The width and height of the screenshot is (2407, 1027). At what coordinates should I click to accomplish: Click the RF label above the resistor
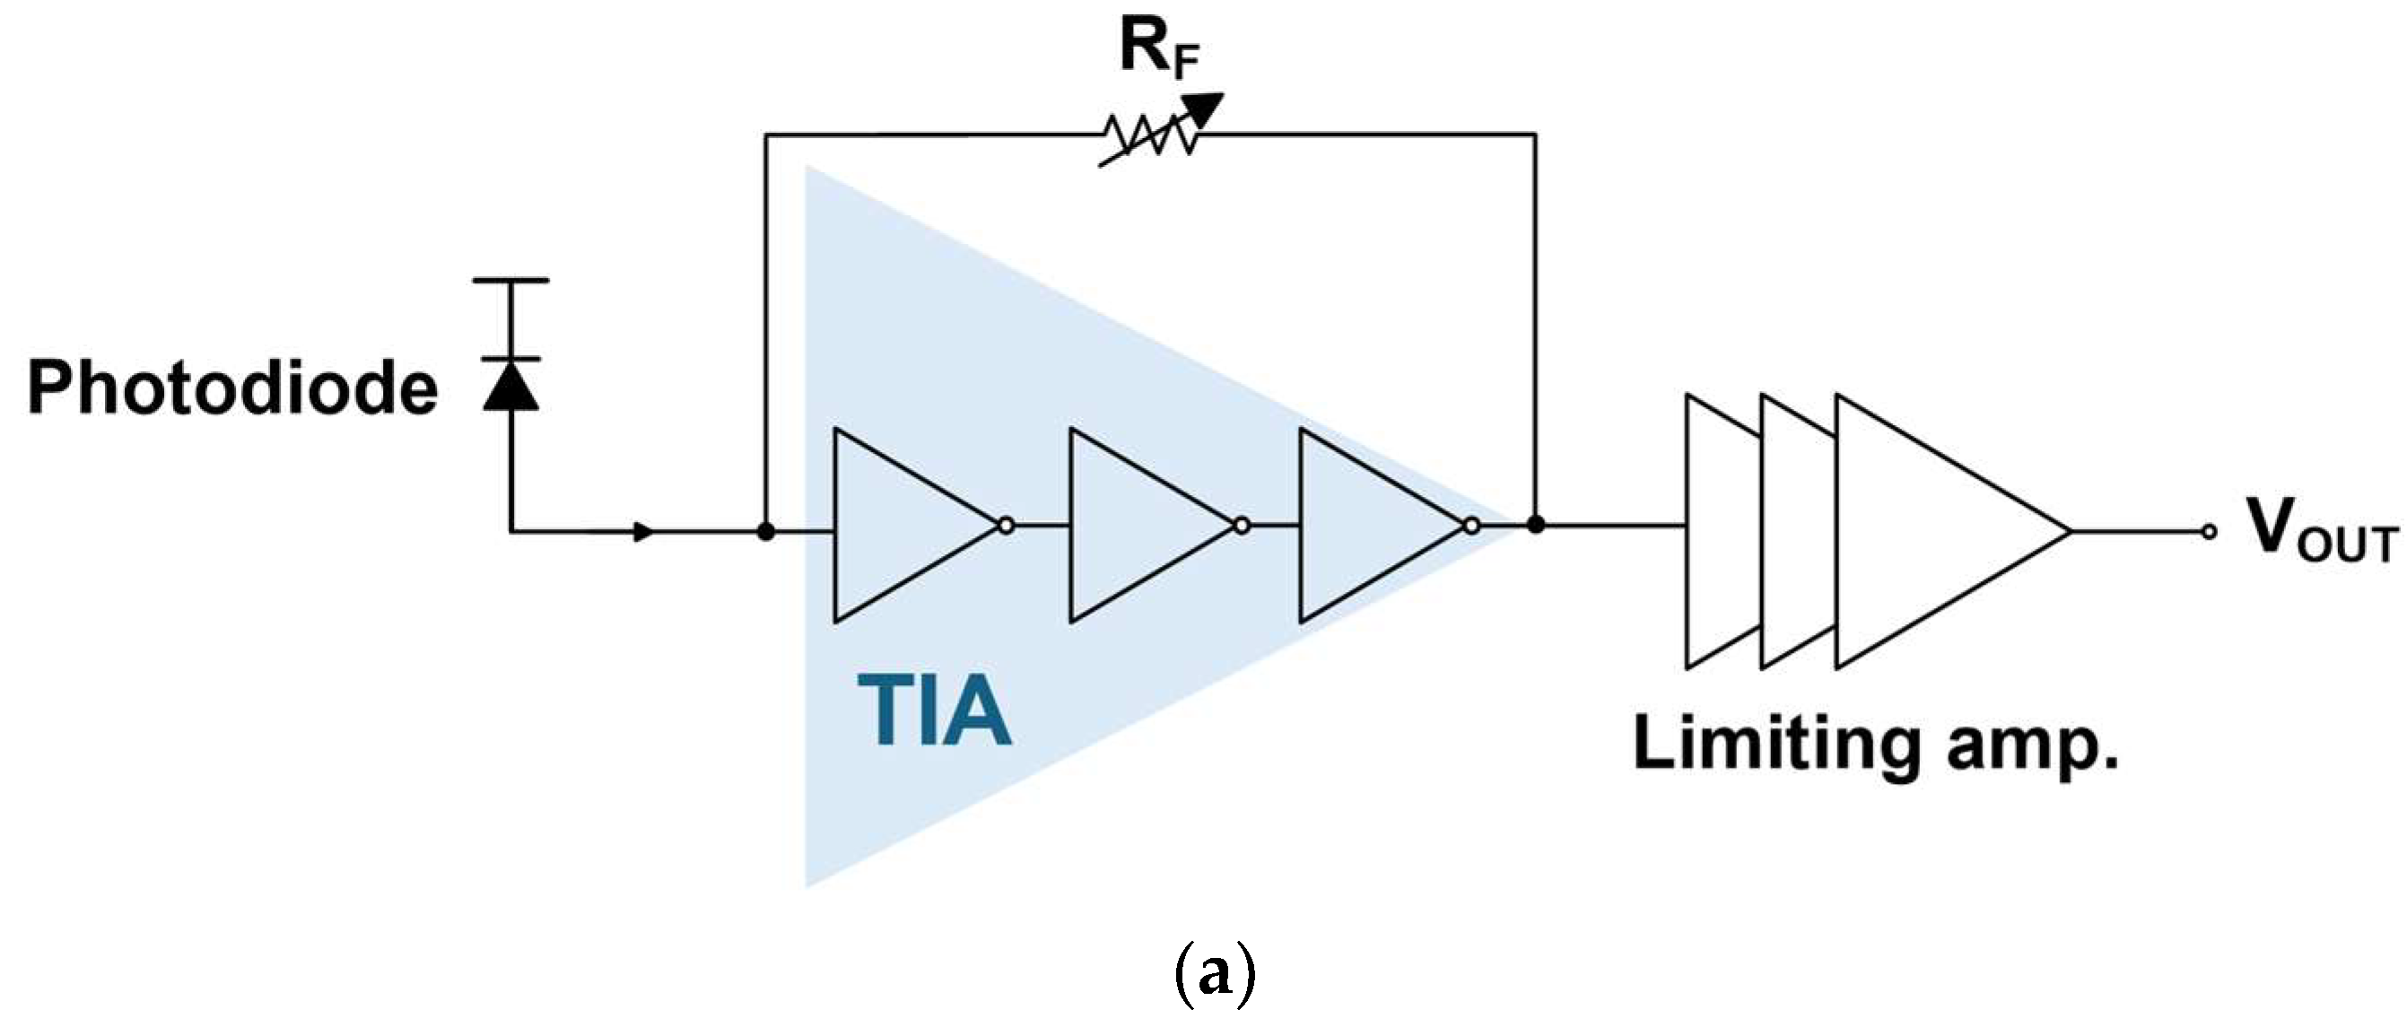(1159, 51)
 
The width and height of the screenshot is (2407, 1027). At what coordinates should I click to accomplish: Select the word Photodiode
(232, 387)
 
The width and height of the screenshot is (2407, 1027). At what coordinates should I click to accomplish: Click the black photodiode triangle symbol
(511, 387)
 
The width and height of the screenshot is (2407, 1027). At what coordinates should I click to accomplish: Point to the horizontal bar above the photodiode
(511, 280)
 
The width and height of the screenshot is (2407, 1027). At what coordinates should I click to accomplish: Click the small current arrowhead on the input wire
(643, 532)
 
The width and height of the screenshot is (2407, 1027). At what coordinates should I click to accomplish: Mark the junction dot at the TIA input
(765, 532)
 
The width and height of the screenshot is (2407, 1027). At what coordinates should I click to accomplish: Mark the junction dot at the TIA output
(1535, 526)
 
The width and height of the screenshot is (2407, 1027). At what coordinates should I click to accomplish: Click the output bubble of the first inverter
(1006, 526)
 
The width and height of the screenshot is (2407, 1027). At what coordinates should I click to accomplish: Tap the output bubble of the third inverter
(1471, 526)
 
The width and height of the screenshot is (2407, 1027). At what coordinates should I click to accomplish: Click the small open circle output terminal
(2209, 532)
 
